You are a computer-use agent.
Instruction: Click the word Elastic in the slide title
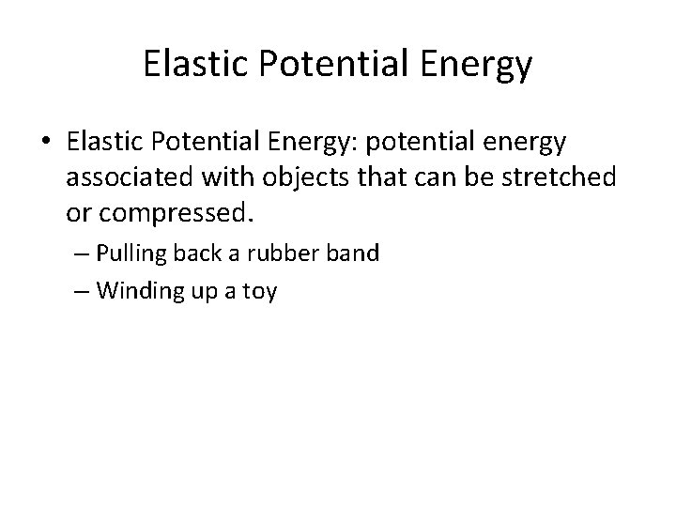click(x=191, y=63)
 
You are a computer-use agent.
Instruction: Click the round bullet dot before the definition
click(x=47, y=142)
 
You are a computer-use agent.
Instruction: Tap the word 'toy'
click(x=257, y=292)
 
